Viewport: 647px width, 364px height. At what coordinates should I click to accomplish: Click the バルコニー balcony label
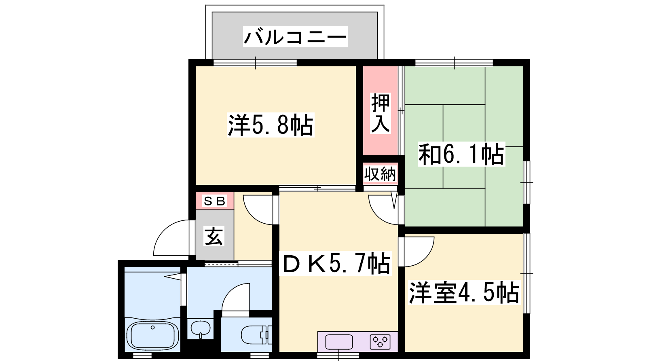click(x=295, y=37)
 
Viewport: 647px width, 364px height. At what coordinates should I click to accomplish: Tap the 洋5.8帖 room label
click(x=271, y=125)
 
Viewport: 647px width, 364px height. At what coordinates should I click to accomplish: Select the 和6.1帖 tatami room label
click(x=461, y=154)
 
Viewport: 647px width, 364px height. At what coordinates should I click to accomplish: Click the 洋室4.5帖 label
click(x=464, y=292)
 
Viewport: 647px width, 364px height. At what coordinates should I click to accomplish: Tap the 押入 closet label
click(x=381, y=113)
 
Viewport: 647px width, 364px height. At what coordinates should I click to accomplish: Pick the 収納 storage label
click(x=380, y=174)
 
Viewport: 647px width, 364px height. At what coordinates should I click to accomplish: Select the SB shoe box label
click(x=214, y=201)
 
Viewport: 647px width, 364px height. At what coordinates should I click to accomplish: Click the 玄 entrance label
click(x=214, y=236)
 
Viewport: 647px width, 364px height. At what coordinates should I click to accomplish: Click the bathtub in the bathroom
click(x=153, y=336)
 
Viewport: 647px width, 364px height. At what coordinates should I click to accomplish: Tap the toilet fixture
click(x=256, y=335)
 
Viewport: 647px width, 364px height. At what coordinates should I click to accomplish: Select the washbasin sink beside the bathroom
click(x=201, y=329)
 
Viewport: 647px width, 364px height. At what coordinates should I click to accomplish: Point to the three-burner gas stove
click(x=380, y=342)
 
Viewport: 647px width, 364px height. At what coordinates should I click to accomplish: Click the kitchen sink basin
click(x=339, y=342)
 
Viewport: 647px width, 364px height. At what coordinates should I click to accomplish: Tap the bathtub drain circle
click(x=152, y=327)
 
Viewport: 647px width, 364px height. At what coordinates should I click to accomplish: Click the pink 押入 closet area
click(x=381, y=111)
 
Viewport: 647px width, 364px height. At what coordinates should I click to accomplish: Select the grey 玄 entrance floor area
click(x=215, y=235)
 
